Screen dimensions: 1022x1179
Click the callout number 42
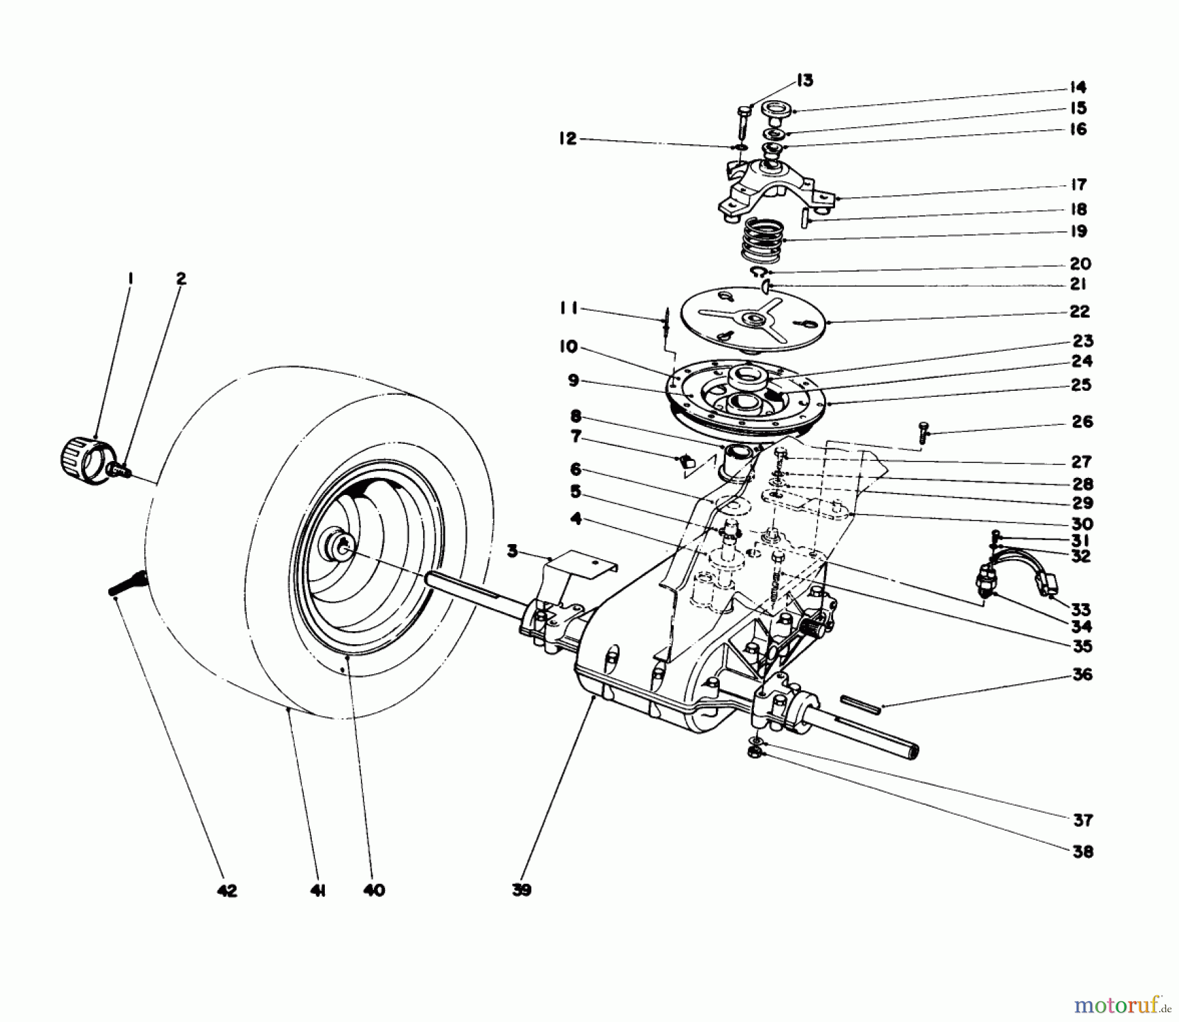click(227, 891)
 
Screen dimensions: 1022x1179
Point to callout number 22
click(1079, 312)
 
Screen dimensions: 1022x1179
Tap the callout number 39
click(522, 890)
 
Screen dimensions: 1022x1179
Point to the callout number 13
click(804, 81)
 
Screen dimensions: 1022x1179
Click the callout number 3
click(512, 551)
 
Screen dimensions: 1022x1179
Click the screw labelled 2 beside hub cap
click(121, 469)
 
